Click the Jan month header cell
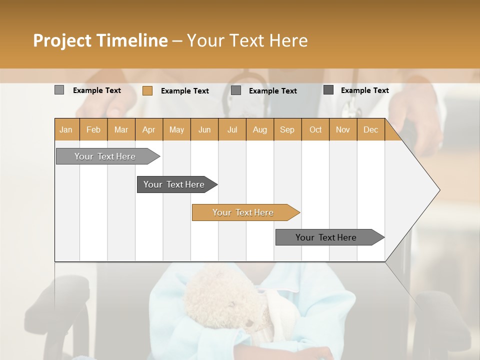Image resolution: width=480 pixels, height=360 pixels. coord(66,129)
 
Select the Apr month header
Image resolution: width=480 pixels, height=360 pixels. coord(149,129)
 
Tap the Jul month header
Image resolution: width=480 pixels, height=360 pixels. coord(232,129)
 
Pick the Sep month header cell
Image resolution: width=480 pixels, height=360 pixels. coord(287,129)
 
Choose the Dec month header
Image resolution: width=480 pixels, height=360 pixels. coord(370,129)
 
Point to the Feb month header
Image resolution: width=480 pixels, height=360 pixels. coord(93,129)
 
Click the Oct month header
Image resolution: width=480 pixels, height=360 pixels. coord(315,129)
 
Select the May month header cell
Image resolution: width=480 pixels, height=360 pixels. coord(176,129)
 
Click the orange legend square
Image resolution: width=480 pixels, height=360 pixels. coord(147,90)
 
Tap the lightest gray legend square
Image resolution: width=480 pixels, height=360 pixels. coord(59,90)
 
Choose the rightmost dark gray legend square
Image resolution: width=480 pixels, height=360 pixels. coord(328,90)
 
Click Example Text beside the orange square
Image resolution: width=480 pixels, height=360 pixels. coord(185,91)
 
